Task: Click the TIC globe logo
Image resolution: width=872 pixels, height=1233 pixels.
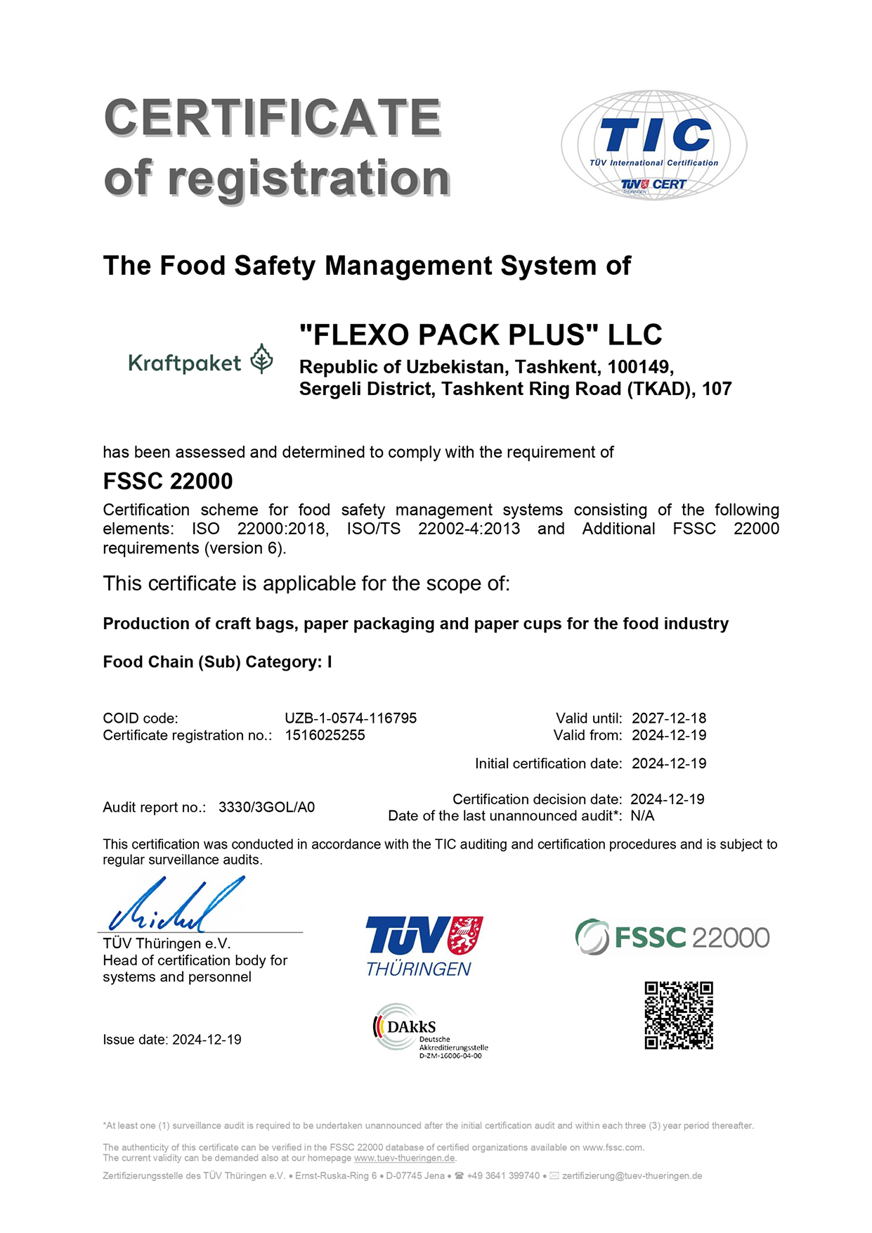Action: [653, 145]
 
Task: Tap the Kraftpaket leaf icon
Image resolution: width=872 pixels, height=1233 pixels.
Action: [262, 359]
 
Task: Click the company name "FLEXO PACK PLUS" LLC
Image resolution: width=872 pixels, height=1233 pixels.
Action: [481, 335]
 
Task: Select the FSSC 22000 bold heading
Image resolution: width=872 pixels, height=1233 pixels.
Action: [168, 481]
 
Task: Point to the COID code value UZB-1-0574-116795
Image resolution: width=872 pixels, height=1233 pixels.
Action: [351, 718]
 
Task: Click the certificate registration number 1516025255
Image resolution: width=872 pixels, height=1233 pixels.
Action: [325, 735]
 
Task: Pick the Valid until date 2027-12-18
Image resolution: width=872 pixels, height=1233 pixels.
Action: [669, 718]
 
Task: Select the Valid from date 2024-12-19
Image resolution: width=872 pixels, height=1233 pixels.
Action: [669, 735]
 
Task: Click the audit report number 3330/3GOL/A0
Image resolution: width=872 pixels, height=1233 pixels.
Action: [266, 807]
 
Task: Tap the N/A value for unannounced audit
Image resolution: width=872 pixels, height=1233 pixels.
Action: [642, 815]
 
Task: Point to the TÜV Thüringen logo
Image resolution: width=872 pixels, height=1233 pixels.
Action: [424, 945]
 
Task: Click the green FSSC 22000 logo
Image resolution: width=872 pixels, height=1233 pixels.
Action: [672, 937]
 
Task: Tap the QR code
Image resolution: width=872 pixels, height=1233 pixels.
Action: [679, 1015]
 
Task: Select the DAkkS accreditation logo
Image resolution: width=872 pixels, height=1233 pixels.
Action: [429, 1031]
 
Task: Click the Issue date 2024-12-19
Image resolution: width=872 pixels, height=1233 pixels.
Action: [207, 1040]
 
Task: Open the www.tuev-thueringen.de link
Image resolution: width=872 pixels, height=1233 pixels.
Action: [405, 1158]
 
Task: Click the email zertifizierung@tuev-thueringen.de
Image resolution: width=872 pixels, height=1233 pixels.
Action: [632, 1175]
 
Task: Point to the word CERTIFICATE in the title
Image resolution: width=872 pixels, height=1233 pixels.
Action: [273, 117]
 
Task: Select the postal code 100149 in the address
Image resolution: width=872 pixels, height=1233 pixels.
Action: [639, 367]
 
